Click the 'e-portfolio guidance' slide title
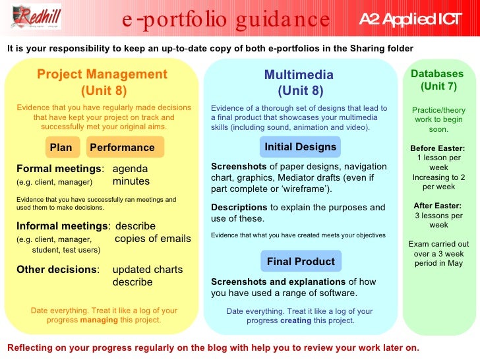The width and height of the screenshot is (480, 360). (226, 19)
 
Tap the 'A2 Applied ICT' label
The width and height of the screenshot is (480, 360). (410, 19)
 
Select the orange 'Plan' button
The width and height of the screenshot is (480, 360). (61, 148)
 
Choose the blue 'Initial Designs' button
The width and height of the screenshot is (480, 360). (301, 147)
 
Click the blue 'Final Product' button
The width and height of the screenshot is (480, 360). (301, 262)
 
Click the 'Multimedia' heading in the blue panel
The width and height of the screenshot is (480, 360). (299, 75)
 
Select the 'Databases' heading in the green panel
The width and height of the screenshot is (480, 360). (437, 74)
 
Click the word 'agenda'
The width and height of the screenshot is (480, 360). (131, 168)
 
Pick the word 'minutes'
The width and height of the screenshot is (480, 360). (131, 181)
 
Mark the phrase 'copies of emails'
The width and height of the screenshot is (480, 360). (153, 239)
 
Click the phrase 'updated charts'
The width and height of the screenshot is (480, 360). (148, 269)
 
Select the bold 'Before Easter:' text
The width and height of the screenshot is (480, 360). (437, 148)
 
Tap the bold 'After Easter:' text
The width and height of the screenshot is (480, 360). (437, 205)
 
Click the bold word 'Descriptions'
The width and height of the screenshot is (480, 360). (239, 207)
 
